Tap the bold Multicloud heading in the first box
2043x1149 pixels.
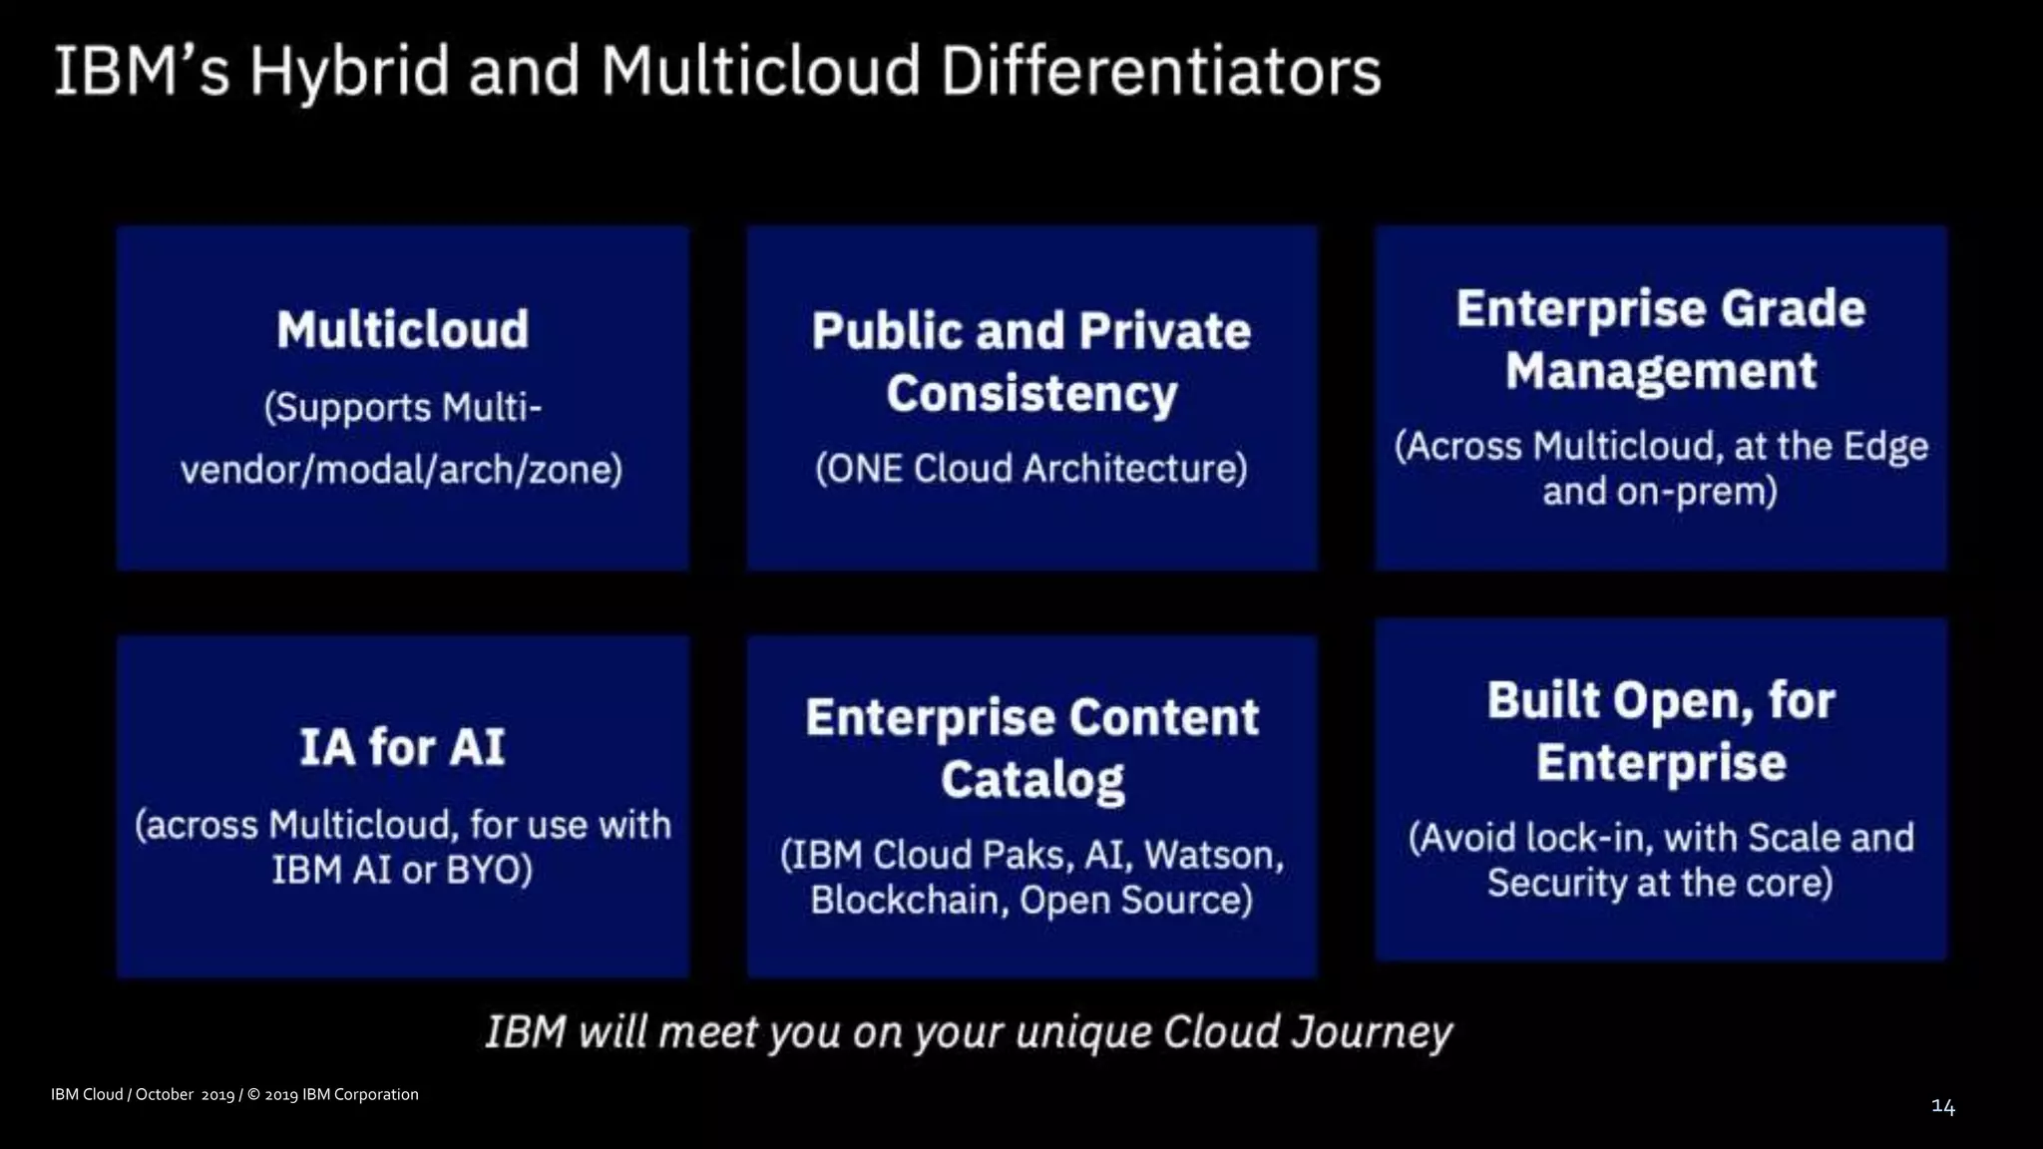pos(403,330)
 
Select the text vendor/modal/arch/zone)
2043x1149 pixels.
pos(401,469)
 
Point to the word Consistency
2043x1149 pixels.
pos(1031,394)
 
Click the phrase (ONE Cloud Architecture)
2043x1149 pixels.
pos(1031,469)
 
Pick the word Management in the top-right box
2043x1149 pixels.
pos(1661,371)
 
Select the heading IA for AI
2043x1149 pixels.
pos(403,748)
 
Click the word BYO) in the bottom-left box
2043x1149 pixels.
pos(489,871)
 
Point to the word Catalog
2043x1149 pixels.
pos(1031,780)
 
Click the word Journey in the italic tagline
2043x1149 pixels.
pos(1372,1032)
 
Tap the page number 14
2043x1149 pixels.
pos(1943,1106)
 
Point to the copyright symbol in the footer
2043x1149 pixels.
pos(253,1095)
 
